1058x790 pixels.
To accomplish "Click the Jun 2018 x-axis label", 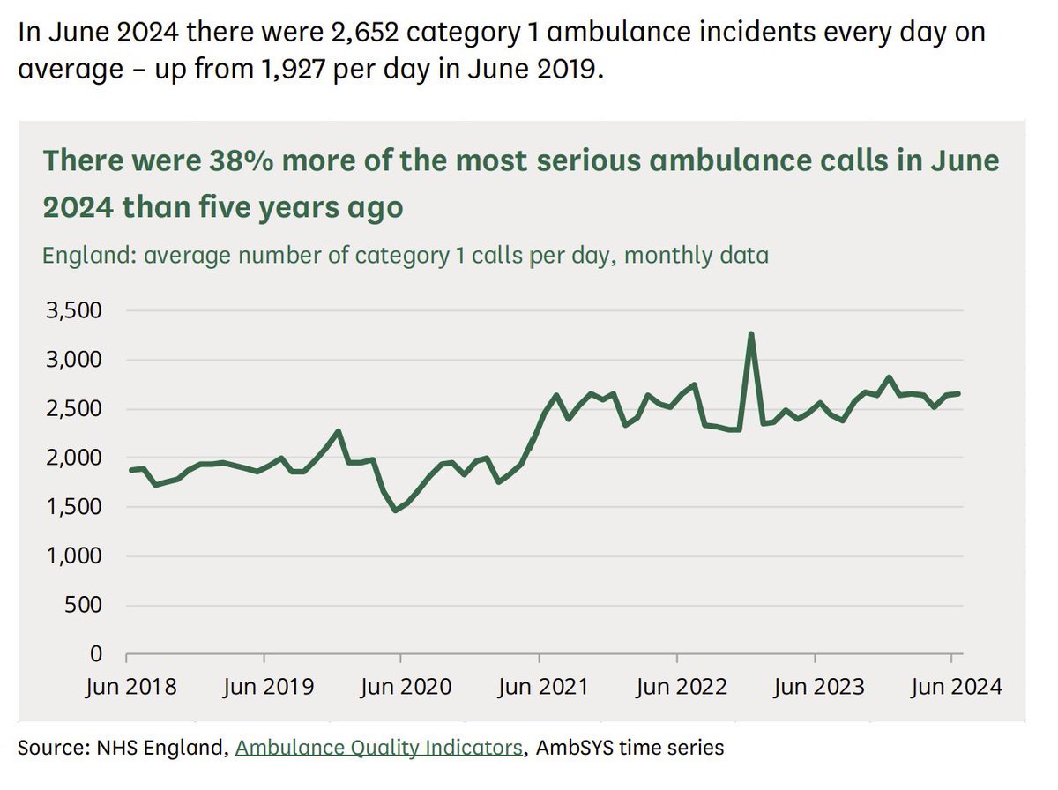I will [x=130, y=687].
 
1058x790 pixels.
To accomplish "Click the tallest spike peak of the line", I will [x=750, y=334].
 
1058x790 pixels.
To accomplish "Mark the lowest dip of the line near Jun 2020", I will [x=396, y=510].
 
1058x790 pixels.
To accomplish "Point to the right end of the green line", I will [x=958, y=393].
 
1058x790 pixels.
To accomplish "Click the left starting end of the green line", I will [x=130, y=470].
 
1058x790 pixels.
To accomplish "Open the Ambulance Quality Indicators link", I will [x=379, y=748].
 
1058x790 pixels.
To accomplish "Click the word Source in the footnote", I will [x=49, y=748].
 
